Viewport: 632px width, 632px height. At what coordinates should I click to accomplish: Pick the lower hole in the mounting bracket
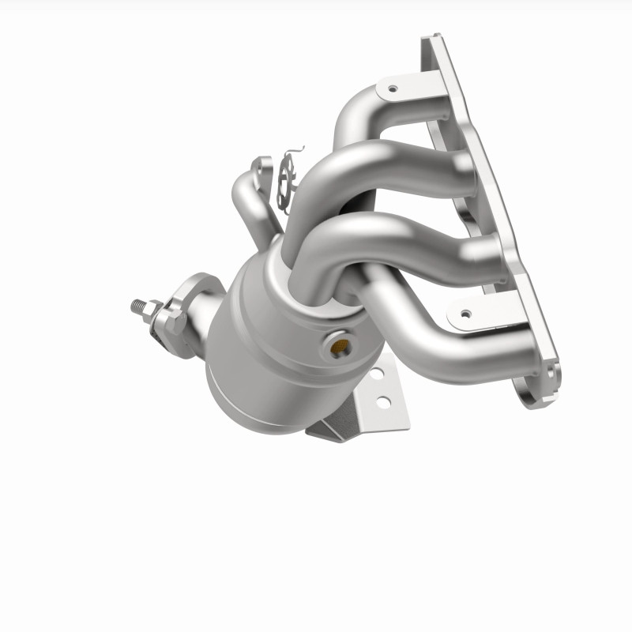(382, 402)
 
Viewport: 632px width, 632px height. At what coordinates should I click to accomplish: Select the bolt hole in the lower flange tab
(465, 314)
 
